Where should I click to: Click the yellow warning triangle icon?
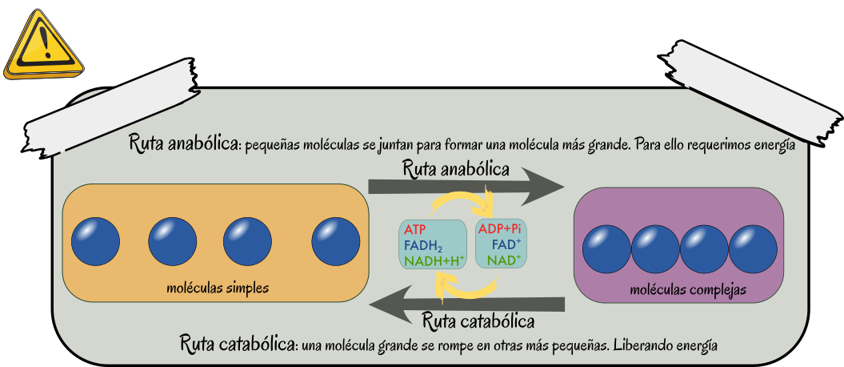point(44,46)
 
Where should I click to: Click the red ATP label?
point(414,230)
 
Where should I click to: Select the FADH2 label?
point(423,246)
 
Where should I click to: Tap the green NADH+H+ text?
point(434,261)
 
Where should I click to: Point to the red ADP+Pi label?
point(499,229)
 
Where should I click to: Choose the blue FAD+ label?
point(506,244)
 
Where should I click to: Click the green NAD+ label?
point(504,260)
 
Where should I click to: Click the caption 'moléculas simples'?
point(218,287)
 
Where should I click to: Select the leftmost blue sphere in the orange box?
point(95,241)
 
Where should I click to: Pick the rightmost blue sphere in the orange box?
point(336,241)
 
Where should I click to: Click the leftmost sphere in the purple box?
point(606,249)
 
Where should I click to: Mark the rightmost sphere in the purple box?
point(753,249)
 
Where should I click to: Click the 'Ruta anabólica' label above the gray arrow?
point(456,170)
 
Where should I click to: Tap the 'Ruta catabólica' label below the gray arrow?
point(478,322)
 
